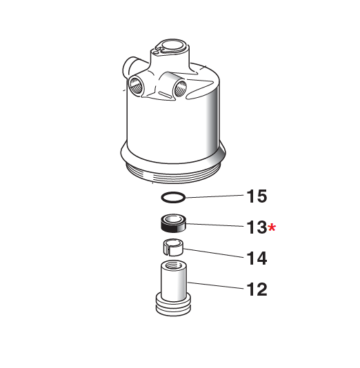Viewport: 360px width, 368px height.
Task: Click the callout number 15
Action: [256, 197]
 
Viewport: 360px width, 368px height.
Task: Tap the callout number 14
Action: [256, 258]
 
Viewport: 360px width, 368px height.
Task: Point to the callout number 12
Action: [256, 289]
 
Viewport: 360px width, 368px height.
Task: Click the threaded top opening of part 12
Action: [172, 265]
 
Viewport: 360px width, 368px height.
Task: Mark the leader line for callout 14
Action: [214, 254]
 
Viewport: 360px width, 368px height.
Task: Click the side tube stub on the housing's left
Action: [128, 68]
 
